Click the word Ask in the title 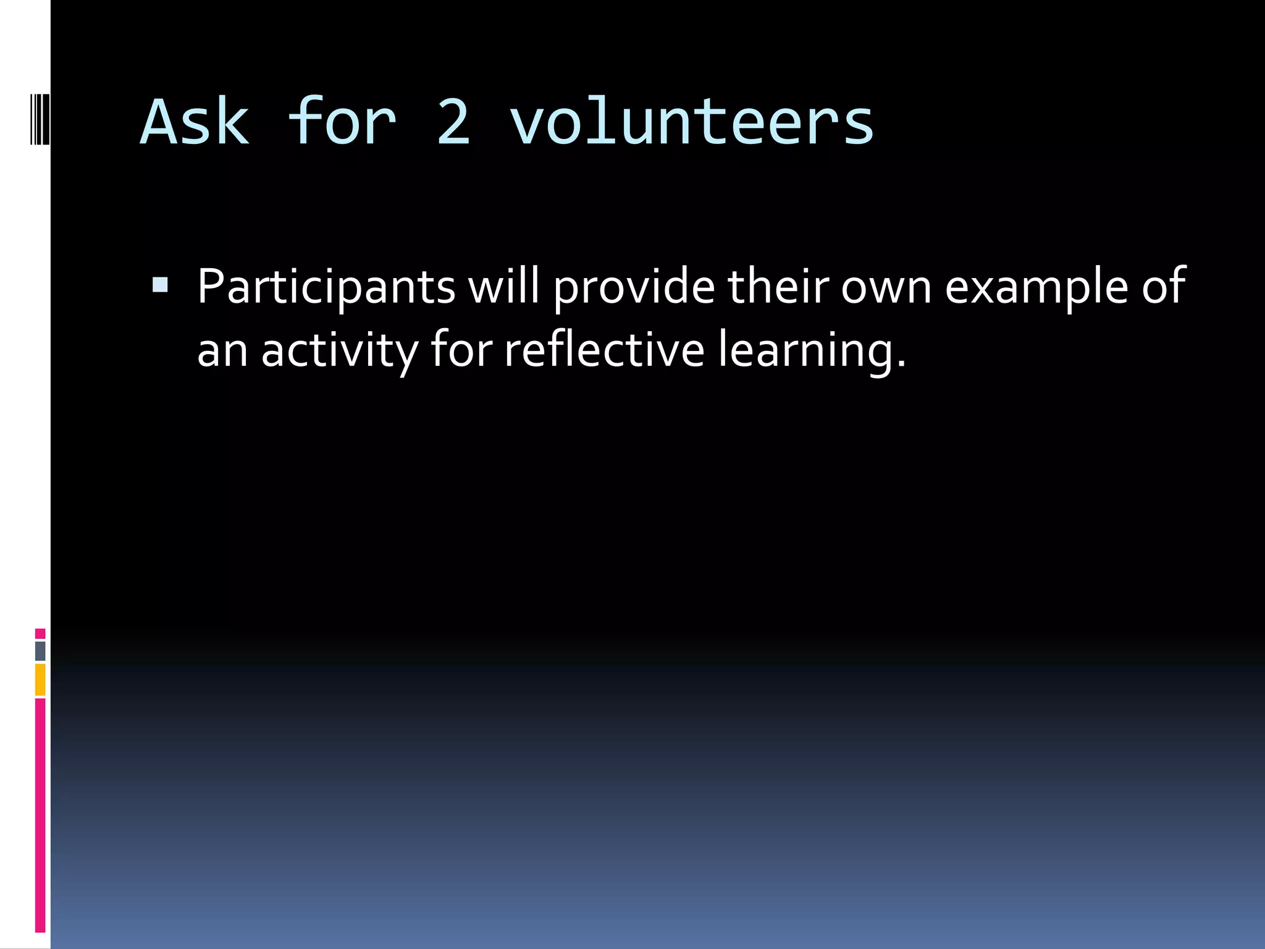195,122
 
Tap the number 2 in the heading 453,122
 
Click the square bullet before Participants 160,284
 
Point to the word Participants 326,287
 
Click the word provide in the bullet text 634,287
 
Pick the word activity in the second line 339,351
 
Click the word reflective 604,350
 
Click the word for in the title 342,122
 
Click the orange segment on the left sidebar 40,679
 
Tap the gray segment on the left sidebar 40,651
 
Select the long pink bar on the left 40,814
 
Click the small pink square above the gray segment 40,633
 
